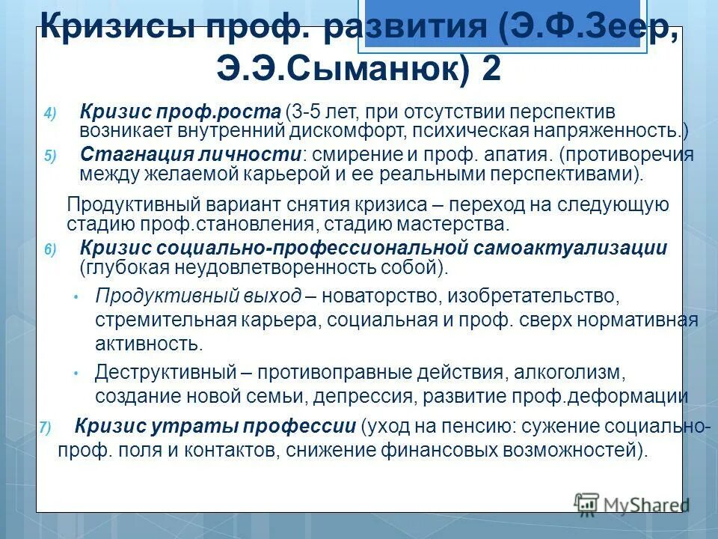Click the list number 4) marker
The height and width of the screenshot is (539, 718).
(49, 115)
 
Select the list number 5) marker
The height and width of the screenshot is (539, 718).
(49, 156)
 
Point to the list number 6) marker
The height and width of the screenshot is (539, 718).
(49, 251)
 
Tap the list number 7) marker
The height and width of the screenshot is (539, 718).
(45, 429)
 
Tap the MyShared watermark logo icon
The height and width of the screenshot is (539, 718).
(588, 504)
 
